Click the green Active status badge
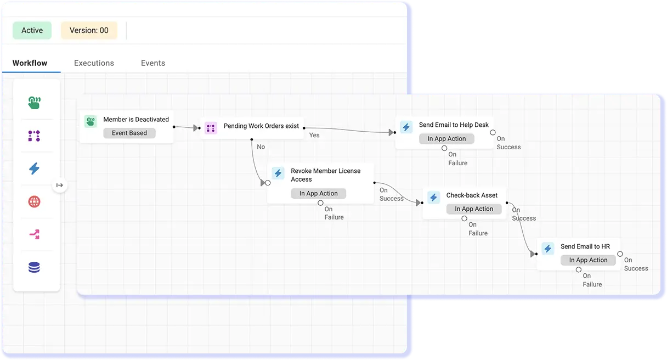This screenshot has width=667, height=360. click(x=32, y=31)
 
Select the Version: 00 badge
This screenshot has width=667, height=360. click(x=89, y=31)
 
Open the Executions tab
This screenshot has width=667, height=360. click(x=94, y=63)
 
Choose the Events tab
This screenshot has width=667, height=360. click(x=153, y=63)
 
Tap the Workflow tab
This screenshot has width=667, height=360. click(x=30, y=63)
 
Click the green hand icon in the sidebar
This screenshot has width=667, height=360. click(x=34, y=103)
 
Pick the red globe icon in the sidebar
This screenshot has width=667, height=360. click(x=34, y=201)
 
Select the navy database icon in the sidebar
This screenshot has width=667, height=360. click(x=34, y=268)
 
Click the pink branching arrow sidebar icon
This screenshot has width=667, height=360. click(x=34, y=235)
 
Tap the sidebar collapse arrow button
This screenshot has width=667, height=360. click(x=60, y=185)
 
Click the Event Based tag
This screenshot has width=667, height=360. click(x=129, y=133)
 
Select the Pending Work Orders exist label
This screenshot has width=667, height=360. click(x=261, y=126)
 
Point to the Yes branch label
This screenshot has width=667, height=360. click(x=314, y=135)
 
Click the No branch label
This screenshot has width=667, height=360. click(x=261, y=147)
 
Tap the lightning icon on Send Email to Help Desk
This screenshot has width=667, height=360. click(x=406, y=127)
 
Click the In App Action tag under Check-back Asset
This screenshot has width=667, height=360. click(x=474, y=209)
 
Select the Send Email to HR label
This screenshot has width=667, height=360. click(x=585, y=246)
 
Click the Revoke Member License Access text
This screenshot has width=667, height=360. click(x=325, y=175)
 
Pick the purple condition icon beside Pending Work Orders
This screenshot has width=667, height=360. click(x=211, y=128)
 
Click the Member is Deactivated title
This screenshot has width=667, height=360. click(x=136, y=119)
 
